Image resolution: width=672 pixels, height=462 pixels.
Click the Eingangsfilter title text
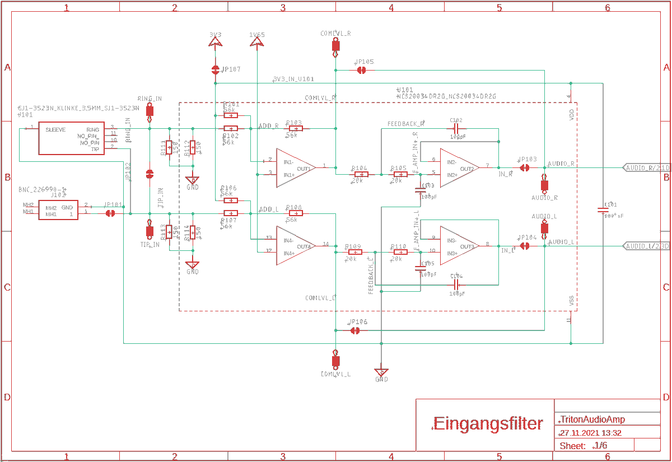coord(488,424)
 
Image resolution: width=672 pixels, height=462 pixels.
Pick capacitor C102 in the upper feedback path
coord(456,128)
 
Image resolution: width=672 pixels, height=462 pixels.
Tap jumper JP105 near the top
coord(361,70)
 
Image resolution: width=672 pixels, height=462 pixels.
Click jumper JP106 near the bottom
coord(354,330)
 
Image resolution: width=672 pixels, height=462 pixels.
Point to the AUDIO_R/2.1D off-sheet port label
coord(647,168)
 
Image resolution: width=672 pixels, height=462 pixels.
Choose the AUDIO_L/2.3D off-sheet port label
coord(647,246)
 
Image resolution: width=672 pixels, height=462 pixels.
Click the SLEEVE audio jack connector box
coord(71,139)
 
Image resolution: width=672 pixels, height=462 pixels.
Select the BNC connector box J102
coord(58,210)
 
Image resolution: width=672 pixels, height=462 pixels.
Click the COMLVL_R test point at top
coord(335,46)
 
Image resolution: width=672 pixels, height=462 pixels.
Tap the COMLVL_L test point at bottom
coord(335,360)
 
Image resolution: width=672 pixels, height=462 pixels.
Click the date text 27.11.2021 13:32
coord(590,433)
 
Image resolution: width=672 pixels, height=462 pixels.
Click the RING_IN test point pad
coord(150,110)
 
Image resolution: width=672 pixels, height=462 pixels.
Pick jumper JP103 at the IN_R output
coord(525,167)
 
